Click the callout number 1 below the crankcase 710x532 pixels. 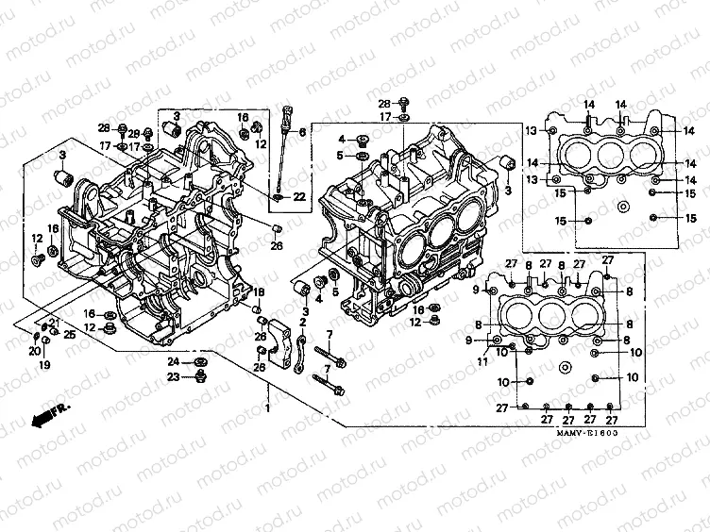point(268,407)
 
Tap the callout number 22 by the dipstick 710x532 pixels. point(298,196)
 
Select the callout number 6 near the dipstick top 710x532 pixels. point(303,132)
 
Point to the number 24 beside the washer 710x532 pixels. point(174,362)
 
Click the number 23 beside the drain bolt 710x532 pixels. point(174,377)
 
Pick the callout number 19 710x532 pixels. point(44,364)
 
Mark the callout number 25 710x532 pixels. point(69,334)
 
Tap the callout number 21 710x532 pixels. point(54,324)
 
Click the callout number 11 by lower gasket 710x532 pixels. point(482,361)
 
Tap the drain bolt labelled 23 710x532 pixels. point(200,379)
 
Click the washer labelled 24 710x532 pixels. point(200,362)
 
